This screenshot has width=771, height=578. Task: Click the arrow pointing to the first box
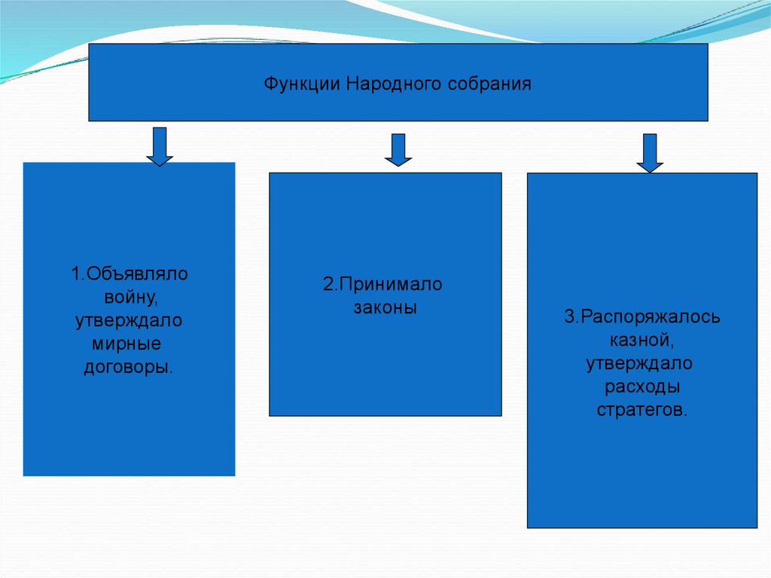(160, 147)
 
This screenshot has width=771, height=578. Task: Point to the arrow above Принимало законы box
(398, 150)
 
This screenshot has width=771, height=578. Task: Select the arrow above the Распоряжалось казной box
(650, 153)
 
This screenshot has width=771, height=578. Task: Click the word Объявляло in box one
(137, 274)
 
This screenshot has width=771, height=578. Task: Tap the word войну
(131, 298)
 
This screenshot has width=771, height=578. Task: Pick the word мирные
(126, 344)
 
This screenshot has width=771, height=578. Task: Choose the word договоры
(129, 367)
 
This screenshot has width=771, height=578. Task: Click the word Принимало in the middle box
(391, 284)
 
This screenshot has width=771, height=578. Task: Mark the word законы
(385, 307)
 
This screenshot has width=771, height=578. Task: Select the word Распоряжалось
(650, 317)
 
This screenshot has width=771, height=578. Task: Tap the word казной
(641, 340)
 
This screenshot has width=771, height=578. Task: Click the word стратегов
(641, 410)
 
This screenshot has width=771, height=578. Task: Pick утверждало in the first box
(129, 320)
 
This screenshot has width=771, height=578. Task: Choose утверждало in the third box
(639, 363)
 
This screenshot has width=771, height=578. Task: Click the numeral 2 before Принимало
(328, 284)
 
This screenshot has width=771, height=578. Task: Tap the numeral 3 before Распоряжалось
(569, 317)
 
